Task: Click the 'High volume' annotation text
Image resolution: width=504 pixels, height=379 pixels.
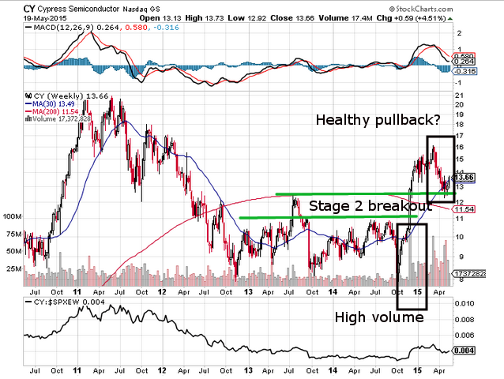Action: (x=378, y=317)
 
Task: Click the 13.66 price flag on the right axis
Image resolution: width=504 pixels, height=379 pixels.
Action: (x=465, y=178)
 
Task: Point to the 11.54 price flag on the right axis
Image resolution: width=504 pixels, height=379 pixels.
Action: (x=465, y=208)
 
